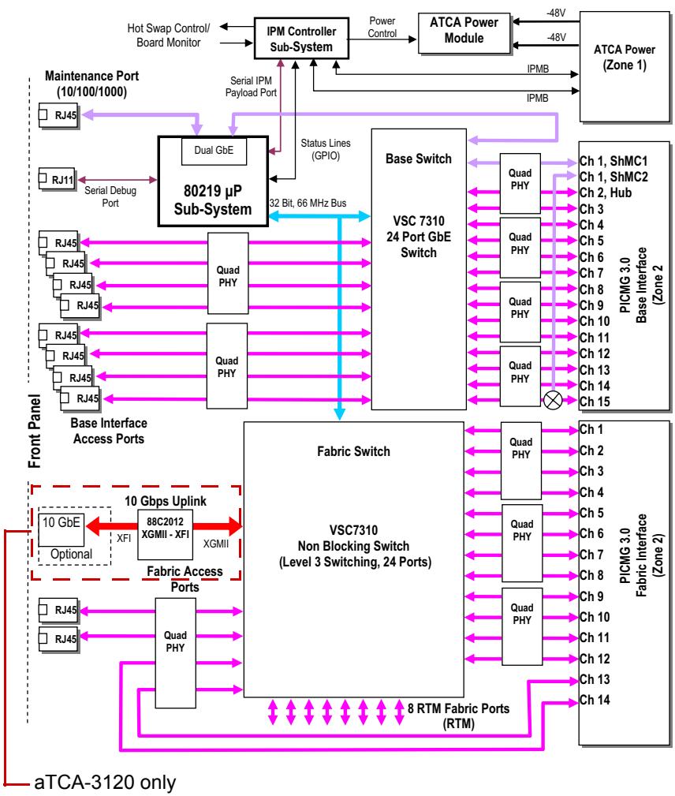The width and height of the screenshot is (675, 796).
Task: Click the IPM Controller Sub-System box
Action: point(301,39)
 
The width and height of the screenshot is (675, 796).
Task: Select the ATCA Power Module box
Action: point(464,33)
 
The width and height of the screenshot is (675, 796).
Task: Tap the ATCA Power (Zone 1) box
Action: point(625,66)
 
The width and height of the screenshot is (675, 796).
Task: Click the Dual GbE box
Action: point(214,151)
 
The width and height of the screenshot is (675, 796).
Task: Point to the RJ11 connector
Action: point(57,179)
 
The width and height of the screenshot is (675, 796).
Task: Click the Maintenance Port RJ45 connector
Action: point(58,115)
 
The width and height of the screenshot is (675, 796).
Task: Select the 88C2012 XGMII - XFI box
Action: point(165,535)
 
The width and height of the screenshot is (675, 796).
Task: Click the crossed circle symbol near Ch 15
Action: point(553,400)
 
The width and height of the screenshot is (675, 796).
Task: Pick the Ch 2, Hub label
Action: point(606,193)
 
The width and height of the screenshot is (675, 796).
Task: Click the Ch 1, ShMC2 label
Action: point(613,177)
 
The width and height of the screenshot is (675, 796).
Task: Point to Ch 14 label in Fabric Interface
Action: point(595,700)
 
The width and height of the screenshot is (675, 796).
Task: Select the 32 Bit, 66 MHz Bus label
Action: point(308,203)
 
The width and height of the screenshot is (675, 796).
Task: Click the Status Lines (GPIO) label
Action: point(326,149)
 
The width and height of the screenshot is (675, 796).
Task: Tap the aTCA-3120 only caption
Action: point(105,783)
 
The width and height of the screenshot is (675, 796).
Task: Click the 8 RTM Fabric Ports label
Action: point(458,716)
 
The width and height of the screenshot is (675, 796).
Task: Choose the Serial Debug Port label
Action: point(110,196)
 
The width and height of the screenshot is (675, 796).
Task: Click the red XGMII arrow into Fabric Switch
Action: point(218,526)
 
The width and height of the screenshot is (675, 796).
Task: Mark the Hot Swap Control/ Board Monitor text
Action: point(169,35)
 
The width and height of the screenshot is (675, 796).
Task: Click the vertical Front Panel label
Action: point(35,431)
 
